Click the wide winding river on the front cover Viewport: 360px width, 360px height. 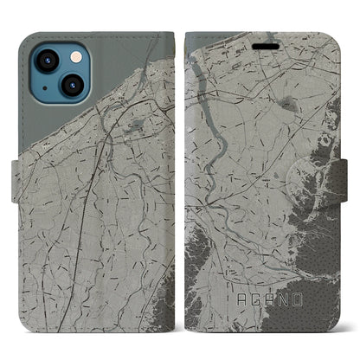pos(213,138)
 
